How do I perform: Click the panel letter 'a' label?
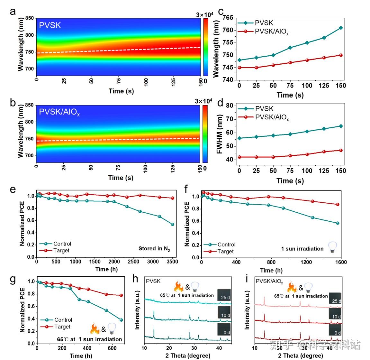pos(13,12)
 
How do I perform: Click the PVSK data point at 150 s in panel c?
pos(341,28)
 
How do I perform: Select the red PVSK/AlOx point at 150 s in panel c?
pos(341,55)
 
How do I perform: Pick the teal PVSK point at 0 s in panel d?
pos(239,138)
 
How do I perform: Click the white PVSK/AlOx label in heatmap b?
pos(59,112)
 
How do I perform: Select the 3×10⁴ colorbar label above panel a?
pos(205,15)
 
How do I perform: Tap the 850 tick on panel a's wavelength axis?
pos(29,18)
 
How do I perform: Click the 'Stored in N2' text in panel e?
pos(154,249)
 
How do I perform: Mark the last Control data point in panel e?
pos(173,224)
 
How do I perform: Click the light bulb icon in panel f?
pos(332,248)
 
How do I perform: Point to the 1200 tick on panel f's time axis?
pos(306,262)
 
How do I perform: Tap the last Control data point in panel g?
pos(121,320)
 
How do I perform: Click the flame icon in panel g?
pos(95,329)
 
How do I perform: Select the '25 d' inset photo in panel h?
pos(224,295)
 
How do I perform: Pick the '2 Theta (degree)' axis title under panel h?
pos(188,355)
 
